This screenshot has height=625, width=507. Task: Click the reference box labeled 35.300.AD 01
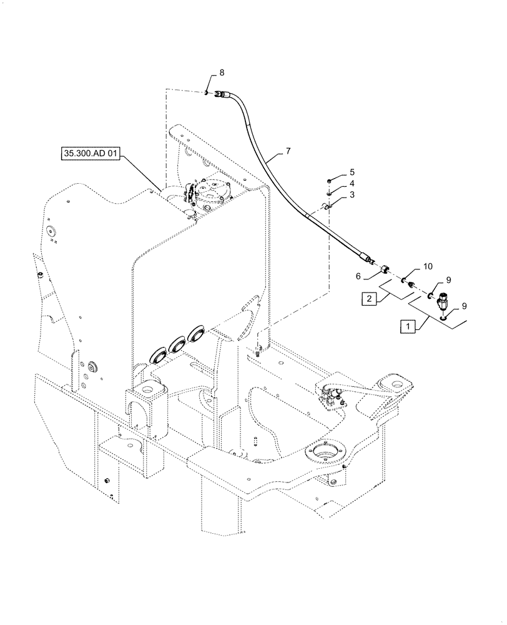click(89, 153)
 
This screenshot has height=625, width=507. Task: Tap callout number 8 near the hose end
click(220, 74)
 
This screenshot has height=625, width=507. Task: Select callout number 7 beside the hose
click(287, 151)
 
